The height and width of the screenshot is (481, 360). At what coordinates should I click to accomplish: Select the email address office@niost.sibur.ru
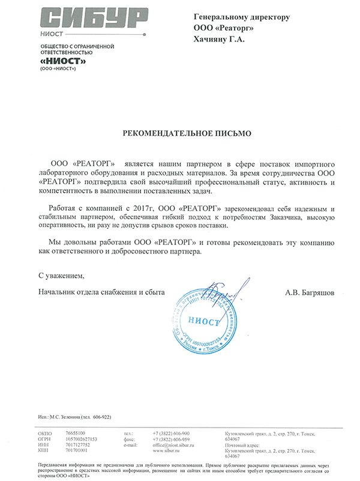point(178,444)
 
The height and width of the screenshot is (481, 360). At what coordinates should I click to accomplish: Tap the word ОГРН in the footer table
point(45,439)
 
